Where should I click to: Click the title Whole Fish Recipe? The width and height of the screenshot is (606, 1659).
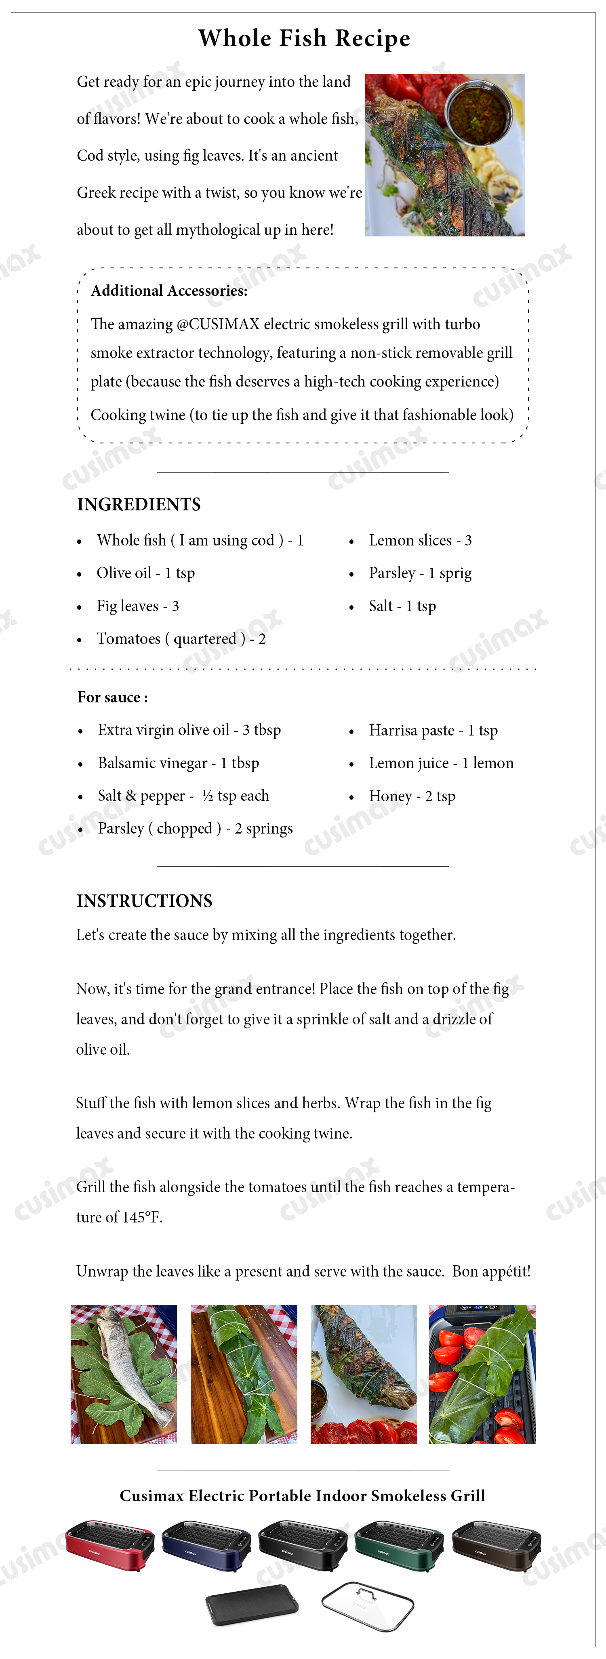tap(304, 39)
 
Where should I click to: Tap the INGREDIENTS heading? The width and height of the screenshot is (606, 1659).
tap(139, 504)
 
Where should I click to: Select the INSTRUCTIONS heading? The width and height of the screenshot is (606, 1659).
tap(144, 901)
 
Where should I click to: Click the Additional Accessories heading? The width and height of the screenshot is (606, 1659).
tap(169, 290)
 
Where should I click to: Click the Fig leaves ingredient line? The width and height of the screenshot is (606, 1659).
tap(137, 606)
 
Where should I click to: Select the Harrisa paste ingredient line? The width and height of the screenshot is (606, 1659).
tap(433, 730)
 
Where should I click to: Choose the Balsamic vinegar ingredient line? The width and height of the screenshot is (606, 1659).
tap(178, 763)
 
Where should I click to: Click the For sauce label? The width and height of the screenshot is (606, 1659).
tap(112, 698)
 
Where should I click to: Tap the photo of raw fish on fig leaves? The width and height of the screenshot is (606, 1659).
tap(124, 1374)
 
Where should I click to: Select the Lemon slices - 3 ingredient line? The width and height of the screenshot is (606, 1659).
tap(420, 540)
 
